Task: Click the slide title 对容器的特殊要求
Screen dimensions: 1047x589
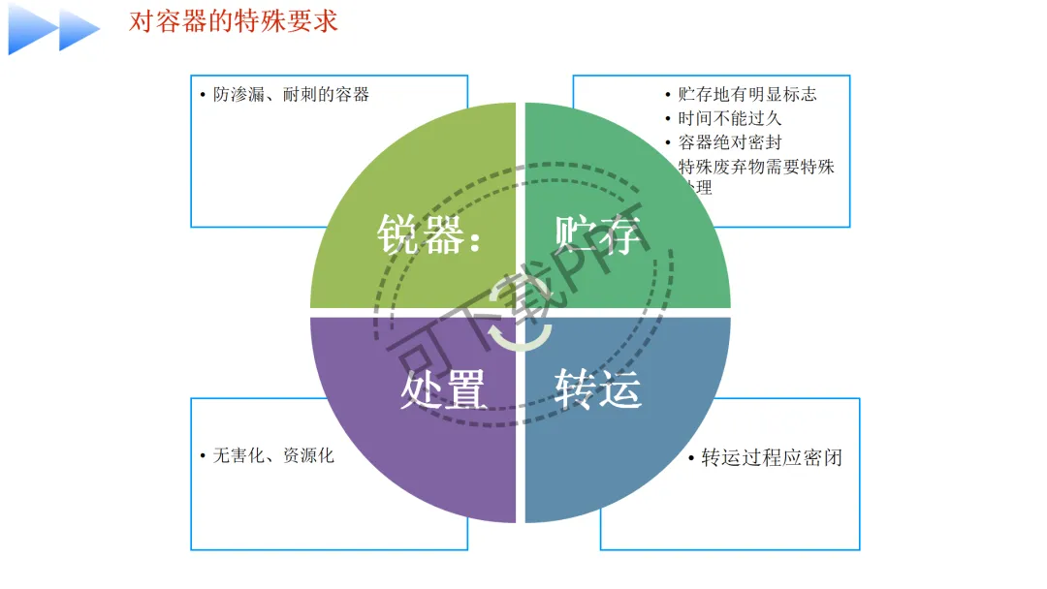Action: (233, 21)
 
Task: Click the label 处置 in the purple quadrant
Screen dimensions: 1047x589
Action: (442, 389)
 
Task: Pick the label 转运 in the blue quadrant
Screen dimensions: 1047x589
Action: (598, 389)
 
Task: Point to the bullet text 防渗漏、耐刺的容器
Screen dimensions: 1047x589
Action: (291, 95)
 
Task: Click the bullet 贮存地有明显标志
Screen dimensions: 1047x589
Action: (746, 94)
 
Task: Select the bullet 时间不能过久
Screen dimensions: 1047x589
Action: (729, 118)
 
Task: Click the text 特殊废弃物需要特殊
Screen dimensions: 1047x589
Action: (756, 167)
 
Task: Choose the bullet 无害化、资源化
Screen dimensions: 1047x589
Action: (273, 455)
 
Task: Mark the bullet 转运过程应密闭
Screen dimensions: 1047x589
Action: (771, 457)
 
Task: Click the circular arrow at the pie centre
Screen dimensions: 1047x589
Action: (520, 315)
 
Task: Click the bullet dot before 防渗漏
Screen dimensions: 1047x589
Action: (203, 95)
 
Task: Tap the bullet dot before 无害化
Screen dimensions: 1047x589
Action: (203, 455)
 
